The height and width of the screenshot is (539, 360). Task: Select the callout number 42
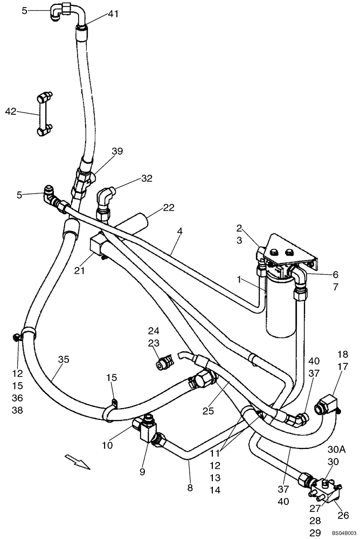(11, 112)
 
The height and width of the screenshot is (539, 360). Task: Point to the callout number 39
(117, 151)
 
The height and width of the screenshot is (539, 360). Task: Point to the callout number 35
(64, 359)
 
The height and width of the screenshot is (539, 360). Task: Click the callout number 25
(208, 411)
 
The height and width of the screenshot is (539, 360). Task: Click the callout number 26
(343, 515)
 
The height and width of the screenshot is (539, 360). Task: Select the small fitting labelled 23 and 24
(163, 364)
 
